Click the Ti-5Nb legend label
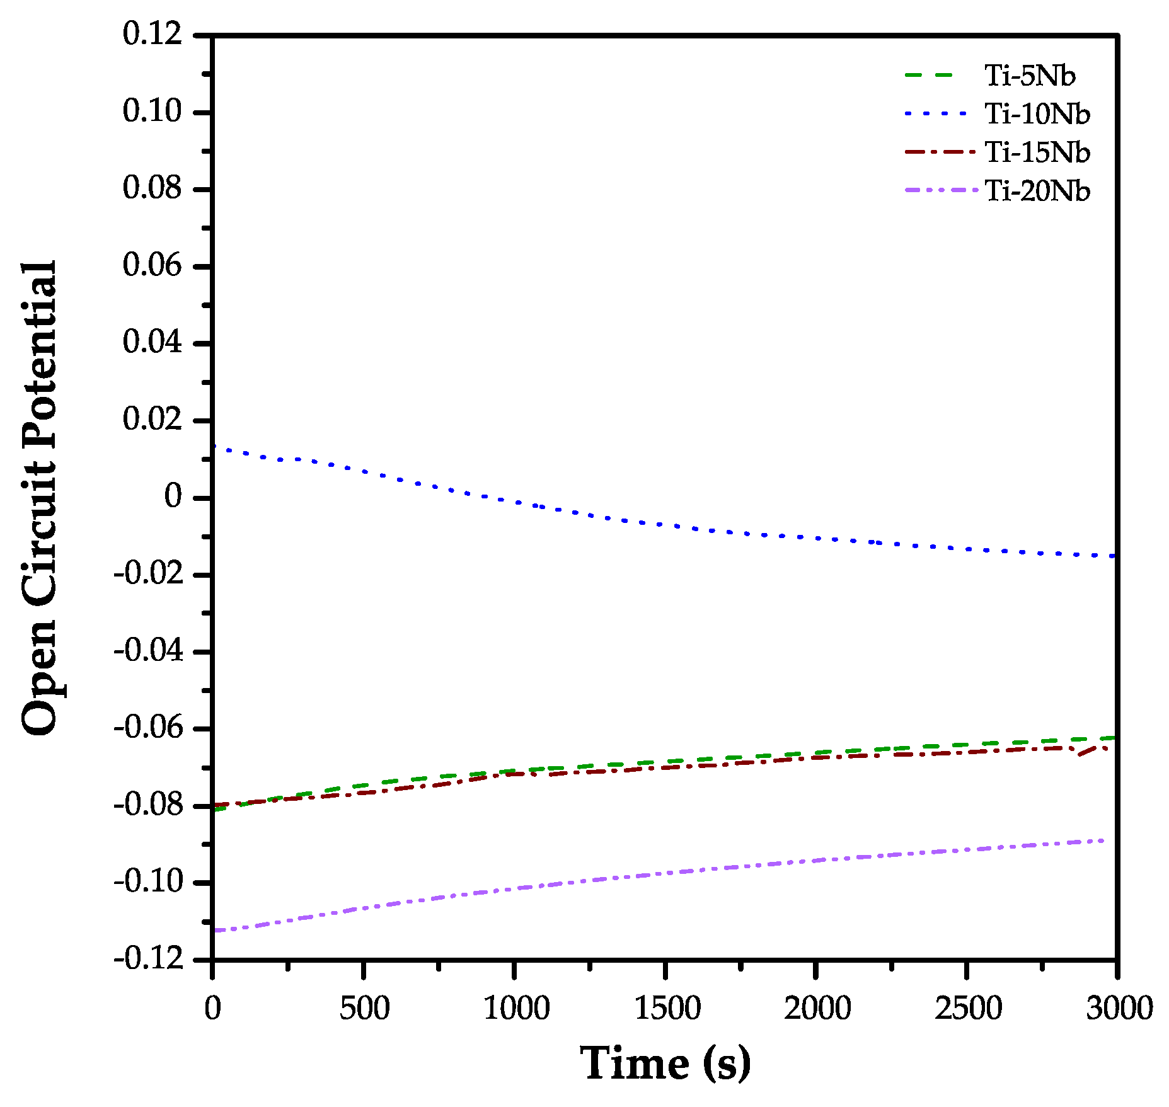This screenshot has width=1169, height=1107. click(1029, 76)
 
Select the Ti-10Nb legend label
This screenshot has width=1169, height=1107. click(1037, 114)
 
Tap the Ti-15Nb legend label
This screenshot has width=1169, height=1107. click(1037, 152)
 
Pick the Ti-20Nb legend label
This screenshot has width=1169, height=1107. click(1037, 191)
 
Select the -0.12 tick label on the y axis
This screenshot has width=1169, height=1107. click(148, 959)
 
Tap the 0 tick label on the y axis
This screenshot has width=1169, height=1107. click(173, 496)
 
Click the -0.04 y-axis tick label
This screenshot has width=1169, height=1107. click(148, 650)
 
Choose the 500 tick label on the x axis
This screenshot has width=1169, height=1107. click(364, 1008)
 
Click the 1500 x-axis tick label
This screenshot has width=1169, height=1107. click(666, 1008)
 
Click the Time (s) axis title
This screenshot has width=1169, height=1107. click(665, 1064)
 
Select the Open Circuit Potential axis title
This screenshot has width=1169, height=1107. click(39, 498)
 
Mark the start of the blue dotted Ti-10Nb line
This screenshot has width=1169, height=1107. click(214, 447)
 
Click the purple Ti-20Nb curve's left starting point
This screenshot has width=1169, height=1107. click(214, 930)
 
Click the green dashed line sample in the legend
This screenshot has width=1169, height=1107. click(931, 76)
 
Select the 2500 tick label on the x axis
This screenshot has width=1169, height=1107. click(967, 1008)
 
